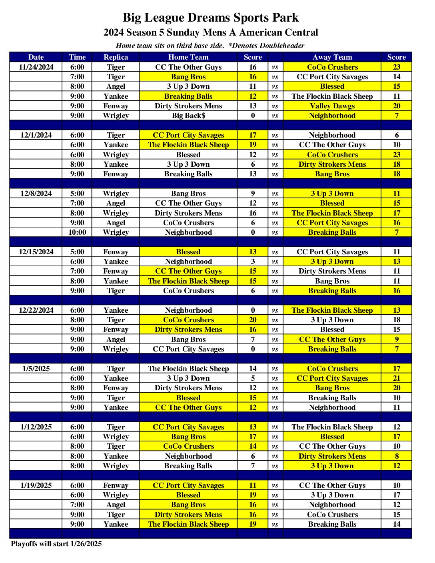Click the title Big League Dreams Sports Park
(211, 18)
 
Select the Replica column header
(116, 57)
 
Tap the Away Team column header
(332, 57)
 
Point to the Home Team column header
(188, 57)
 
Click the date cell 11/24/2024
(36, 67)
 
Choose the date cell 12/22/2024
(36, 310)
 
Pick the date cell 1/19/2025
(36, 485)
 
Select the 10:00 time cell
(77, 232)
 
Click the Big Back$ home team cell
(188, 116)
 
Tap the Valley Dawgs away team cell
(332, 106)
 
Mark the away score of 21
(397, 378)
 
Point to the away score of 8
(397, 456)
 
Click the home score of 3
(253, 262)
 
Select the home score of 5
(253, 378)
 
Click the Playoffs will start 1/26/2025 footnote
(56, 544)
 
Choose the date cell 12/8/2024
(36, 194)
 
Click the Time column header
(77, 57)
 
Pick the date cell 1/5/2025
(36, 369)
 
